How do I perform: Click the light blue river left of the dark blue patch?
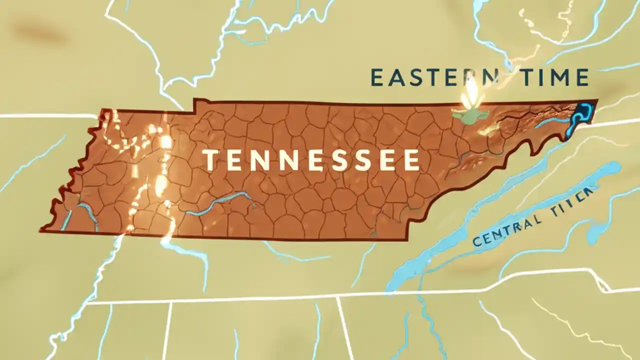pos(552,121)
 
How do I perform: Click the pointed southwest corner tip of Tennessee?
pos(42,230)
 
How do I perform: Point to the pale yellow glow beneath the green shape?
pos(487,131)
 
